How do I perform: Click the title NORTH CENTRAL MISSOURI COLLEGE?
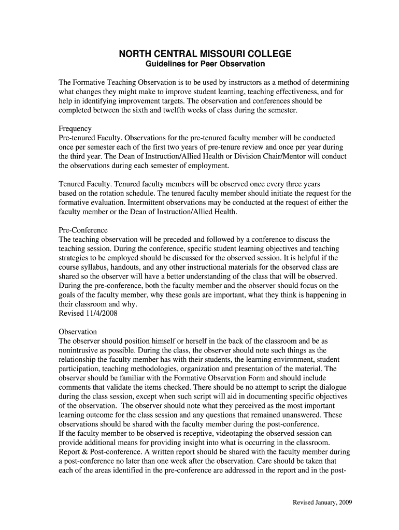pos(205,54)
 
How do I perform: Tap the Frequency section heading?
pos(75,128)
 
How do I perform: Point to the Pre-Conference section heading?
pos(83,230)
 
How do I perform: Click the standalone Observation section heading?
pos(78,331)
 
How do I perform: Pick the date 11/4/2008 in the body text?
pos(103,314)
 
